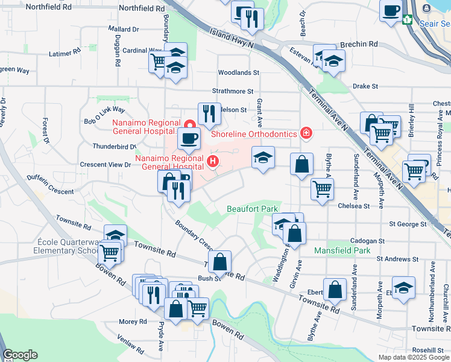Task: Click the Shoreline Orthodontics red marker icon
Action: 306,133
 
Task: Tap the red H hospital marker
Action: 212,161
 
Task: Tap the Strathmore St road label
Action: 233,91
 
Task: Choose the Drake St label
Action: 365,86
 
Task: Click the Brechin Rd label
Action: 359,44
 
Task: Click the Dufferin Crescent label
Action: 50,185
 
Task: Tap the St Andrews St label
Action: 397,259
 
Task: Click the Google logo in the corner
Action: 20,355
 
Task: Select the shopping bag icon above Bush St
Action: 220,262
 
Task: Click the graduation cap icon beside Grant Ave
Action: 263,157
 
